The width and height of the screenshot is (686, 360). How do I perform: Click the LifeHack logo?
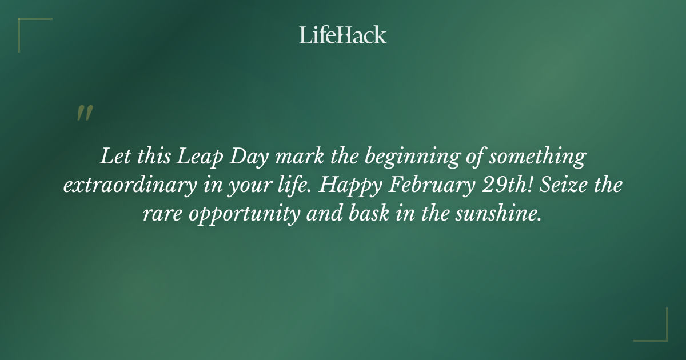tap(342, 35)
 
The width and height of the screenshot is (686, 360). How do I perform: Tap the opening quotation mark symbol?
tap(84, 113)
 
